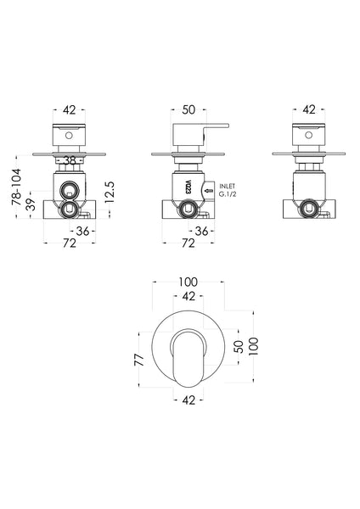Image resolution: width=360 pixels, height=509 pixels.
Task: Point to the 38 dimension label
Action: tap(69, 160)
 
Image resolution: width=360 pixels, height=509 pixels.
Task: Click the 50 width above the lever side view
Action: tap(188, 110)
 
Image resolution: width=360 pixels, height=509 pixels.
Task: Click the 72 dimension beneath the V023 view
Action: tap(188, 243)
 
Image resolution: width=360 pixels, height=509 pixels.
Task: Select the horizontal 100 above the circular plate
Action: tap(188, 282)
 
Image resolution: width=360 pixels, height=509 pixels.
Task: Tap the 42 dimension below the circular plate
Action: tap(188, 400)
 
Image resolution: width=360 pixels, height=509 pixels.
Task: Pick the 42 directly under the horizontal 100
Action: tap(188, 297)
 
